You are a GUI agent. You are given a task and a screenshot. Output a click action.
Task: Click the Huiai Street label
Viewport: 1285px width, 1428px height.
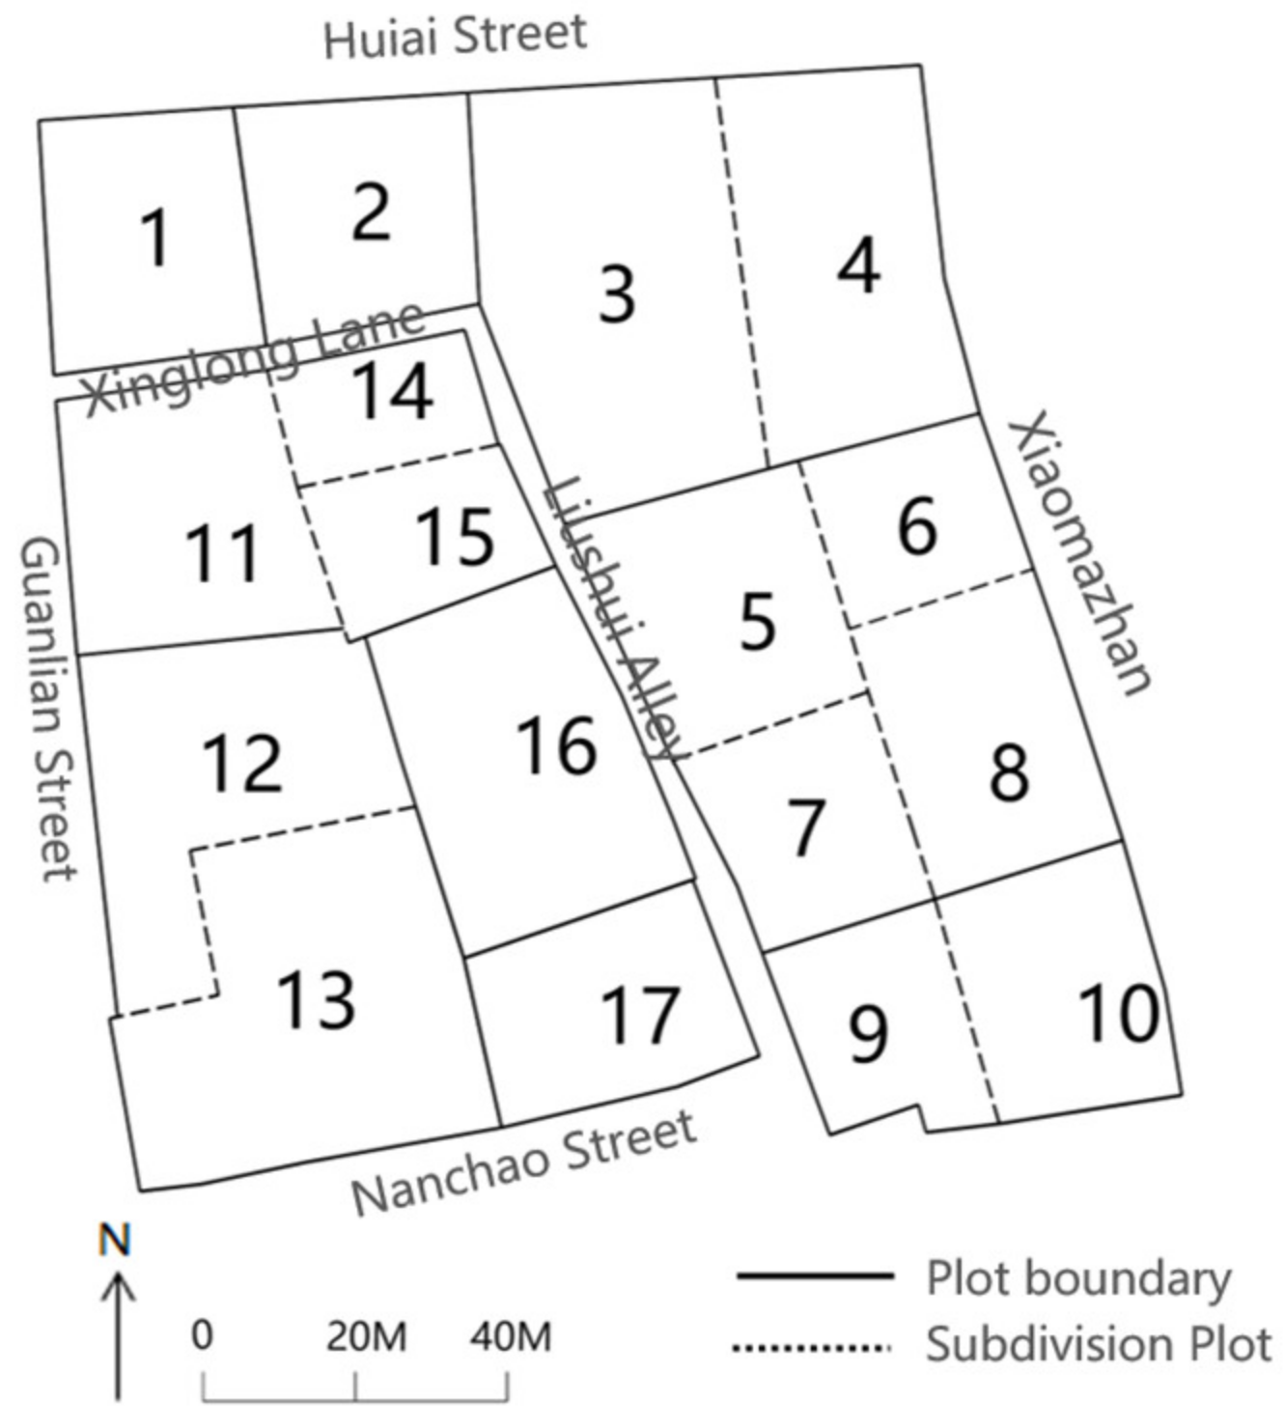pyautogui.click(x=455, y=37)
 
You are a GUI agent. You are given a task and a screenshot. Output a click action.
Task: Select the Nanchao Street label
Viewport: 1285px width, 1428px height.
pyautogui.click(x=523, y=1163)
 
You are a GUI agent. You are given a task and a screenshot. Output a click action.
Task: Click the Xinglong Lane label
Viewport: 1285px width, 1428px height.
pyautogui.click(x=254, y=359)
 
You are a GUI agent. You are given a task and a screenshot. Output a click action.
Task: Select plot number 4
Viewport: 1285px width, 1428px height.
pyautogui.click(x=858, y=266)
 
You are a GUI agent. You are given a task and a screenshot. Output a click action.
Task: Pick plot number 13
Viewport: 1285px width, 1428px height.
pyautogui.click(x=316, y=999)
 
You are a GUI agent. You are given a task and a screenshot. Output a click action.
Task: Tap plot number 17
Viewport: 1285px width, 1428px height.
pyautogui.click(x=640, y=1016)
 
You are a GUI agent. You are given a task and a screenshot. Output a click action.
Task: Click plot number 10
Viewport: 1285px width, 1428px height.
pyautogui.click(x=1118, y=1014)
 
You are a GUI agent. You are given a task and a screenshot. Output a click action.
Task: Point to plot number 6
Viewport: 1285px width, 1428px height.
pyautogui.click(x=916, y=526)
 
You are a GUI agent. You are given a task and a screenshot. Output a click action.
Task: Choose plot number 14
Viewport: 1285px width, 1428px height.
pyautogui.click(x=391, y=391)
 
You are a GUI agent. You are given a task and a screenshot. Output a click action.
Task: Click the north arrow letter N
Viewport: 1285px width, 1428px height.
pyautogui.click(x=116, y=1240)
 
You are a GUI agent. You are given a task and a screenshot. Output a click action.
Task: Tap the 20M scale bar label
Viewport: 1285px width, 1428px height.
pyautogui.click(x=366, y=1336)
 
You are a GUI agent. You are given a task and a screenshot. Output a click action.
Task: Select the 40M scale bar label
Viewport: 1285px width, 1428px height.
pyautogui.click(x=511, y=1336)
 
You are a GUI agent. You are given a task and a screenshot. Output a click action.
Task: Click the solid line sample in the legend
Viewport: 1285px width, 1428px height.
pyautogui.click(x=813, y=1276)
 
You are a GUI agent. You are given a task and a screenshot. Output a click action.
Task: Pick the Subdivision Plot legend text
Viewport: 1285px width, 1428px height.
pyautogui.click(x=1099, y=1344)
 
